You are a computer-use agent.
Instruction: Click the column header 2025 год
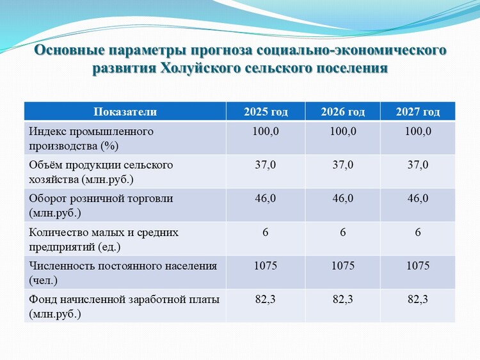click(266, 112)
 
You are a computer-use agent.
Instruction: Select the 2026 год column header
click(343, 112)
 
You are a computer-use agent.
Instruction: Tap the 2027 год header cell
click(418, 112)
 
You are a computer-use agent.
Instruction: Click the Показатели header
click(125, 112)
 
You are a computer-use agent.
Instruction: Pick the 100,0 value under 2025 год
click(266, 131)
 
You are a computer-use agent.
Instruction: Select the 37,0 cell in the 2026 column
click(343, 165)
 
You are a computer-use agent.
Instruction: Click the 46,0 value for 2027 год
click(418, 198)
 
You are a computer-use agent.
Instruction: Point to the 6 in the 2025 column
click(266, 232)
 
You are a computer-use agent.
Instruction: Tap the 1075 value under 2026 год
click(343, 265)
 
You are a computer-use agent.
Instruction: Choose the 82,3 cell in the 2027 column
click(418, 299)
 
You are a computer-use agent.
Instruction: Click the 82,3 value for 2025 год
click(266, 299)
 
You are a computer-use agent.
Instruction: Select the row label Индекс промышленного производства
click(92, 139)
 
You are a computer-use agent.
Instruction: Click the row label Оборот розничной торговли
click(101, 205)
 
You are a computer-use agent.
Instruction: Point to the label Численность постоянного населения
click(123, 273)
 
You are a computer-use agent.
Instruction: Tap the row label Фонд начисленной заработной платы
click(124, 306)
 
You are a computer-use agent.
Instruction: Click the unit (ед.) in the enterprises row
click(109, 247)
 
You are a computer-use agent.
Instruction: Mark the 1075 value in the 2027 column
click(418, 265)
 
